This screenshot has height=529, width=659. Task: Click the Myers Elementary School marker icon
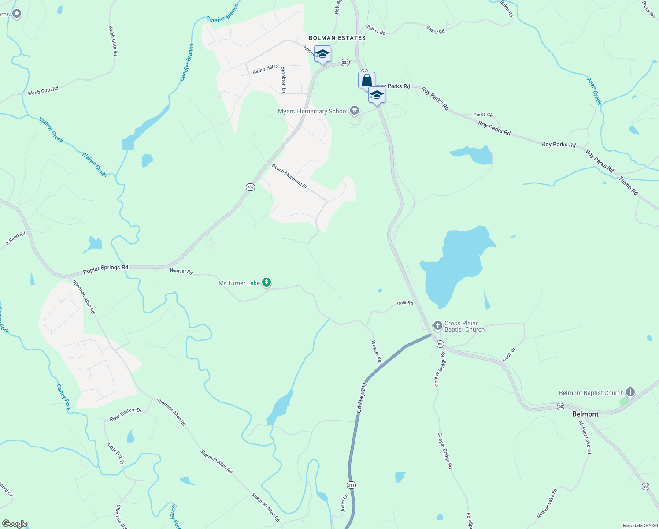pos(355,111)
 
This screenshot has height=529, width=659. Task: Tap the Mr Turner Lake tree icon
pos(266,283)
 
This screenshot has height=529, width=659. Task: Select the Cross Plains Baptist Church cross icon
pos(437,326)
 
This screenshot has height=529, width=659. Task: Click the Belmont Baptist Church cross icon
pos(630,392)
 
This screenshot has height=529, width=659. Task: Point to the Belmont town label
pos(585,414)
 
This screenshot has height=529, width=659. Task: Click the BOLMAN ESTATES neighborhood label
pos(337,38)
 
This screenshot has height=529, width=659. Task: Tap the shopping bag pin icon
pos(367,81)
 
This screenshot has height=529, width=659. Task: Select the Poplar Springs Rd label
pos(106,268)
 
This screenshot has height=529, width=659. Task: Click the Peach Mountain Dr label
pos(289,176)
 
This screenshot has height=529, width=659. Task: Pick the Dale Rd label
pos(405,303)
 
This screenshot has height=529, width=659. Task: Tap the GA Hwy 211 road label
pos(361,398)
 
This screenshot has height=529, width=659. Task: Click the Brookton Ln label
pos(284,80)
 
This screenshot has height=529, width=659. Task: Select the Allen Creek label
pos(594,91)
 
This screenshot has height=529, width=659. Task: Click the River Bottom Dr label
pos(126,414)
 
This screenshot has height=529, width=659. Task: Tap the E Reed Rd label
pos(15,239)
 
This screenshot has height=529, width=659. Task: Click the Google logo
pos(15,524)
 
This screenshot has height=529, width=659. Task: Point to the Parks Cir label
pos(483,115)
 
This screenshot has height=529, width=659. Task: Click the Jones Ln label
pos(344,503)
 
